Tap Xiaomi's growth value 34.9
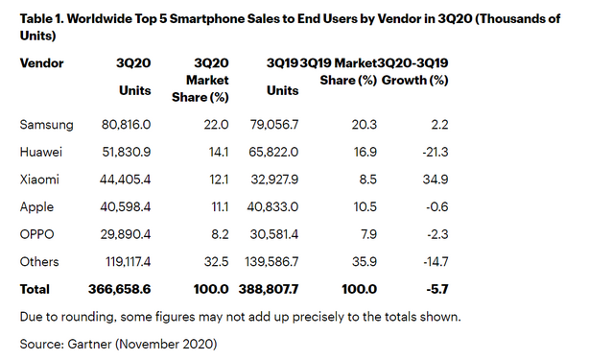click(x=436, y=178)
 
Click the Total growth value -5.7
click(x=436, y=288)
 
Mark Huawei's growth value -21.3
click(x=435, y=151)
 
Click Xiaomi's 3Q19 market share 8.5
click(x=365, y=178)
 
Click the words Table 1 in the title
click(x=43, y=16)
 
